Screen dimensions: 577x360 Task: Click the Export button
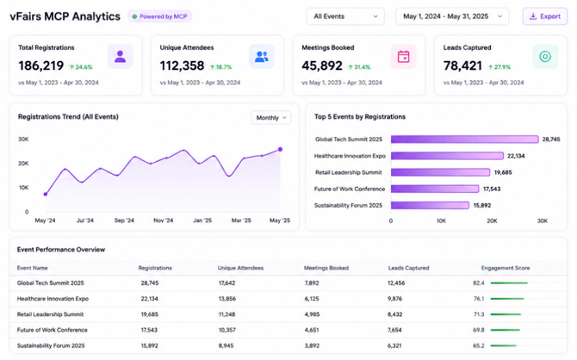[544, 16]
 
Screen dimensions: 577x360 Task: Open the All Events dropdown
[345, 16]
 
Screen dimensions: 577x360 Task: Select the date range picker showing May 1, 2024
[452, 16]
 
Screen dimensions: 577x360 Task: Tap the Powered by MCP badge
[159, 16]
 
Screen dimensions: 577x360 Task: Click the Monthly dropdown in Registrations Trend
[270, 118]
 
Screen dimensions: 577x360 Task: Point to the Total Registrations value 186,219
[41, 66]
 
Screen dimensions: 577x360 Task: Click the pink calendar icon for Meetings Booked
[403, 57]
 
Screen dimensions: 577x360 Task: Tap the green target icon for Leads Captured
[545, 57]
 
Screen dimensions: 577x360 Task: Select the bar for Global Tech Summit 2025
[464, 140]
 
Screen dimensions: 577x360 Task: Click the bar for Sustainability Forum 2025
[430, 205]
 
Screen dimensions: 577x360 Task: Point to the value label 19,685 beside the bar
[503, 172]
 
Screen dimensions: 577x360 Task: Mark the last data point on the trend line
[281, 150]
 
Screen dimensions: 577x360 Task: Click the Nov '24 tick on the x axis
[164, 220]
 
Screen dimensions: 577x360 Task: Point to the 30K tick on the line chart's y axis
[23, 140]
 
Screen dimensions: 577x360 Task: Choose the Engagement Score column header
[506, 268]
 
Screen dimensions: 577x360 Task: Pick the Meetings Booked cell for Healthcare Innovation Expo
[312, 299]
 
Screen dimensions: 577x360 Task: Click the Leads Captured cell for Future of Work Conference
[394, 330]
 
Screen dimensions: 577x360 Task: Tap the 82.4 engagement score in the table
[478, 283]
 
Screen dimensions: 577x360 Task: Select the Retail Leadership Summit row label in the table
[50, 314]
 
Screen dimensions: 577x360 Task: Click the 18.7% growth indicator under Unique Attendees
[220, 67]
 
